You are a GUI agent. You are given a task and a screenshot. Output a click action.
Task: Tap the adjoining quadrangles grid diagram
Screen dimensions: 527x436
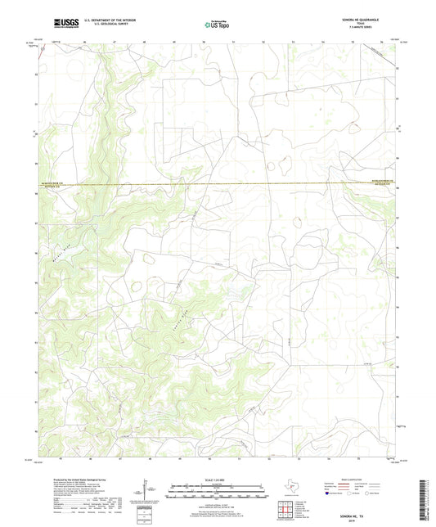click(285, 511)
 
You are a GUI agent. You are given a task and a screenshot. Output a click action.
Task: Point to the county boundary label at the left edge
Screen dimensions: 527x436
click(52, 184)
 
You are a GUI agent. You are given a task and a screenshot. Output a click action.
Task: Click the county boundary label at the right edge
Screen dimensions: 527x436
click(384, 183)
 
